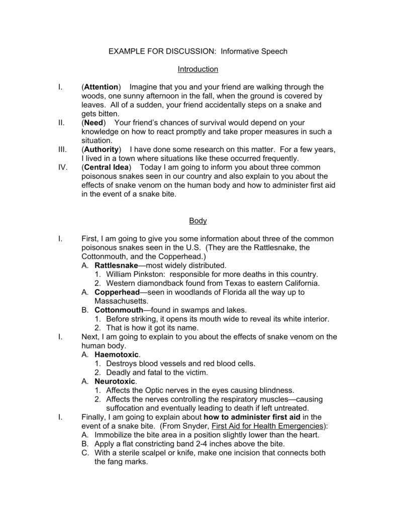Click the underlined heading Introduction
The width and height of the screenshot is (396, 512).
(x=197, y=69)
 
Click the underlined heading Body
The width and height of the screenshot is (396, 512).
(x=197, y=221)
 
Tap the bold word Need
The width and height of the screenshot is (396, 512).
(x=94, y=122)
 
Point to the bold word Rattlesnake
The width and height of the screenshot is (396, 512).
(x=116, y=265)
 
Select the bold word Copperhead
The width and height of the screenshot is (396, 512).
(x=116, y=292)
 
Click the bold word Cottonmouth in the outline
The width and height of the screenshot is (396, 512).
(x=119, y=310)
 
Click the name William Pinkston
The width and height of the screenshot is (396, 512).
(x=130, y=274)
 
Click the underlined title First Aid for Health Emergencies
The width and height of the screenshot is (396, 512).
(x=268, y=426)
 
